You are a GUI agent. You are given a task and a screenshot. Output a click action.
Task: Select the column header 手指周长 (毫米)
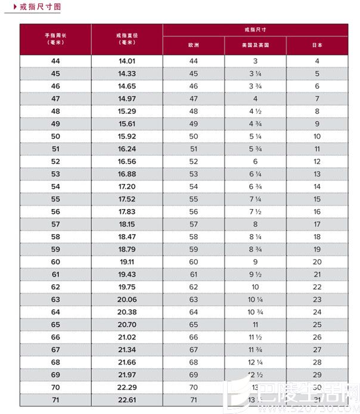point(55,39)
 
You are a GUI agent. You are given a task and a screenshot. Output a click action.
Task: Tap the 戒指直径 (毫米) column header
point(127,39)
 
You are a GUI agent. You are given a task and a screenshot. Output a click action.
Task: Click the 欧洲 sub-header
point(193,46)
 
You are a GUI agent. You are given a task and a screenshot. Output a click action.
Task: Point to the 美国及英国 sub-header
point(255,46)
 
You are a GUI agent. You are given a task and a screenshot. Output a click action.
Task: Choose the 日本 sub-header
point(317,46)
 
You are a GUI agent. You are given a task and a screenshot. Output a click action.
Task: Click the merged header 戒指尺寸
point(255,29)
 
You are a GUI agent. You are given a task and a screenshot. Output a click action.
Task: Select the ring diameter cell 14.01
point(127,61)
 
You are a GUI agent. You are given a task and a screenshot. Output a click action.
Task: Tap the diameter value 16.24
point(127,149)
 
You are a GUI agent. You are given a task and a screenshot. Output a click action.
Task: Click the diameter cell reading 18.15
point(127,224)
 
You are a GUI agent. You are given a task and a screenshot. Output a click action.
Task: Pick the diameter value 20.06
point(127,299)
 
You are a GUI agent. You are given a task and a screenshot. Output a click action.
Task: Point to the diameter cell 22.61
point(127,399)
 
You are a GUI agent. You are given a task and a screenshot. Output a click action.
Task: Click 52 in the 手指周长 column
point(55,161)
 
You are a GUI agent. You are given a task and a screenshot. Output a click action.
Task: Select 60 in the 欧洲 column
point(193,262)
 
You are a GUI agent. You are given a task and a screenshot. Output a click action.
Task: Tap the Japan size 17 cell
point(317,224)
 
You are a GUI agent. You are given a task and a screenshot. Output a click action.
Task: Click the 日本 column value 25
point(317,324)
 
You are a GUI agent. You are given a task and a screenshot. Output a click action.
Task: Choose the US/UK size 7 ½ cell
point(255,211)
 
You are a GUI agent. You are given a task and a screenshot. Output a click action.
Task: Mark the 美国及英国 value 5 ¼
point(255,136)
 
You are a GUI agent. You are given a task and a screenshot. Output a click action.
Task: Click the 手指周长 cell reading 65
point(55,324)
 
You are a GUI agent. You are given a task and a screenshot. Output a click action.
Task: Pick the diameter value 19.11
point(127,262)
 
